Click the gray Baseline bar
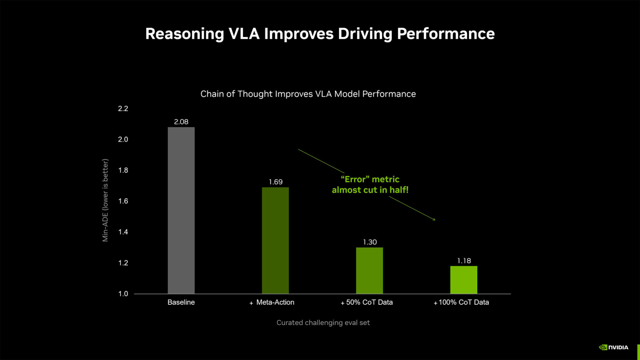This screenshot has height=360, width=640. point(181,210)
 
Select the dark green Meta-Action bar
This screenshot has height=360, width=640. point(275,241)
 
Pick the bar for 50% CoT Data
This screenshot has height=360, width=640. point(370,270)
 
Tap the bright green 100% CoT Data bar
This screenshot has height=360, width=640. point(464,280)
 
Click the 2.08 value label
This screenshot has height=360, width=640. point(181,122)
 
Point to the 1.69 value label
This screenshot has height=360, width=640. point(275,182)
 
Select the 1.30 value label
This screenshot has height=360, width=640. point(370,242)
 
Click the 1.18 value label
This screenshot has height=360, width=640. point(464,261)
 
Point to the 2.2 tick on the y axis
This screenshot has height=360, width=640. point(123,109)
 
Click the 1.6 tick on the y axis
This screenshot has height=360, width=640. point(123,201)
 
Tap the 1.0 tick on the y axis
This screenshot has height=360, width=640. point(123,294)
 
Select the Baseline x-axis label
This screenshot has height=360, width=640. point(181,302)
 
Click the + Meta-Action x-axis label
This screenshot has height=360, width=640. point(272,302)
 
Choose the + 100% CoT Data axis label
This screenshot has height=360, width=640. point(461,302)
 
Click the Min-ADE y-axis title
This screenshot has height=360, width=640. point(105,200)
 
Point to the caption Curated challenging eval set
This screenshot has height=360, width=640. point(323,323)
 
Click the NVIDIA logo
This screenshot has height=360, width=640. point(613,347)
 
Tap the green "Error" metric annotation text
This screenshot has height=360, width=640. point(370,184)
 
